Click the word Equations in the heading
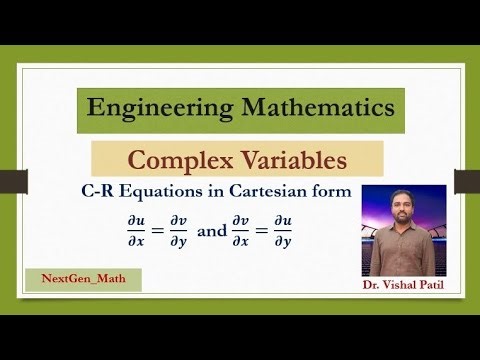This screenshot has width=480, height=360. click(174, 192)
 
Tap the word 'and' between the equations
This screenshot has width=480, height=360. click(212, 230)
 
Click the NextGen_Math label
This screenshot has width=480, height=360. click(84, 279)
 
